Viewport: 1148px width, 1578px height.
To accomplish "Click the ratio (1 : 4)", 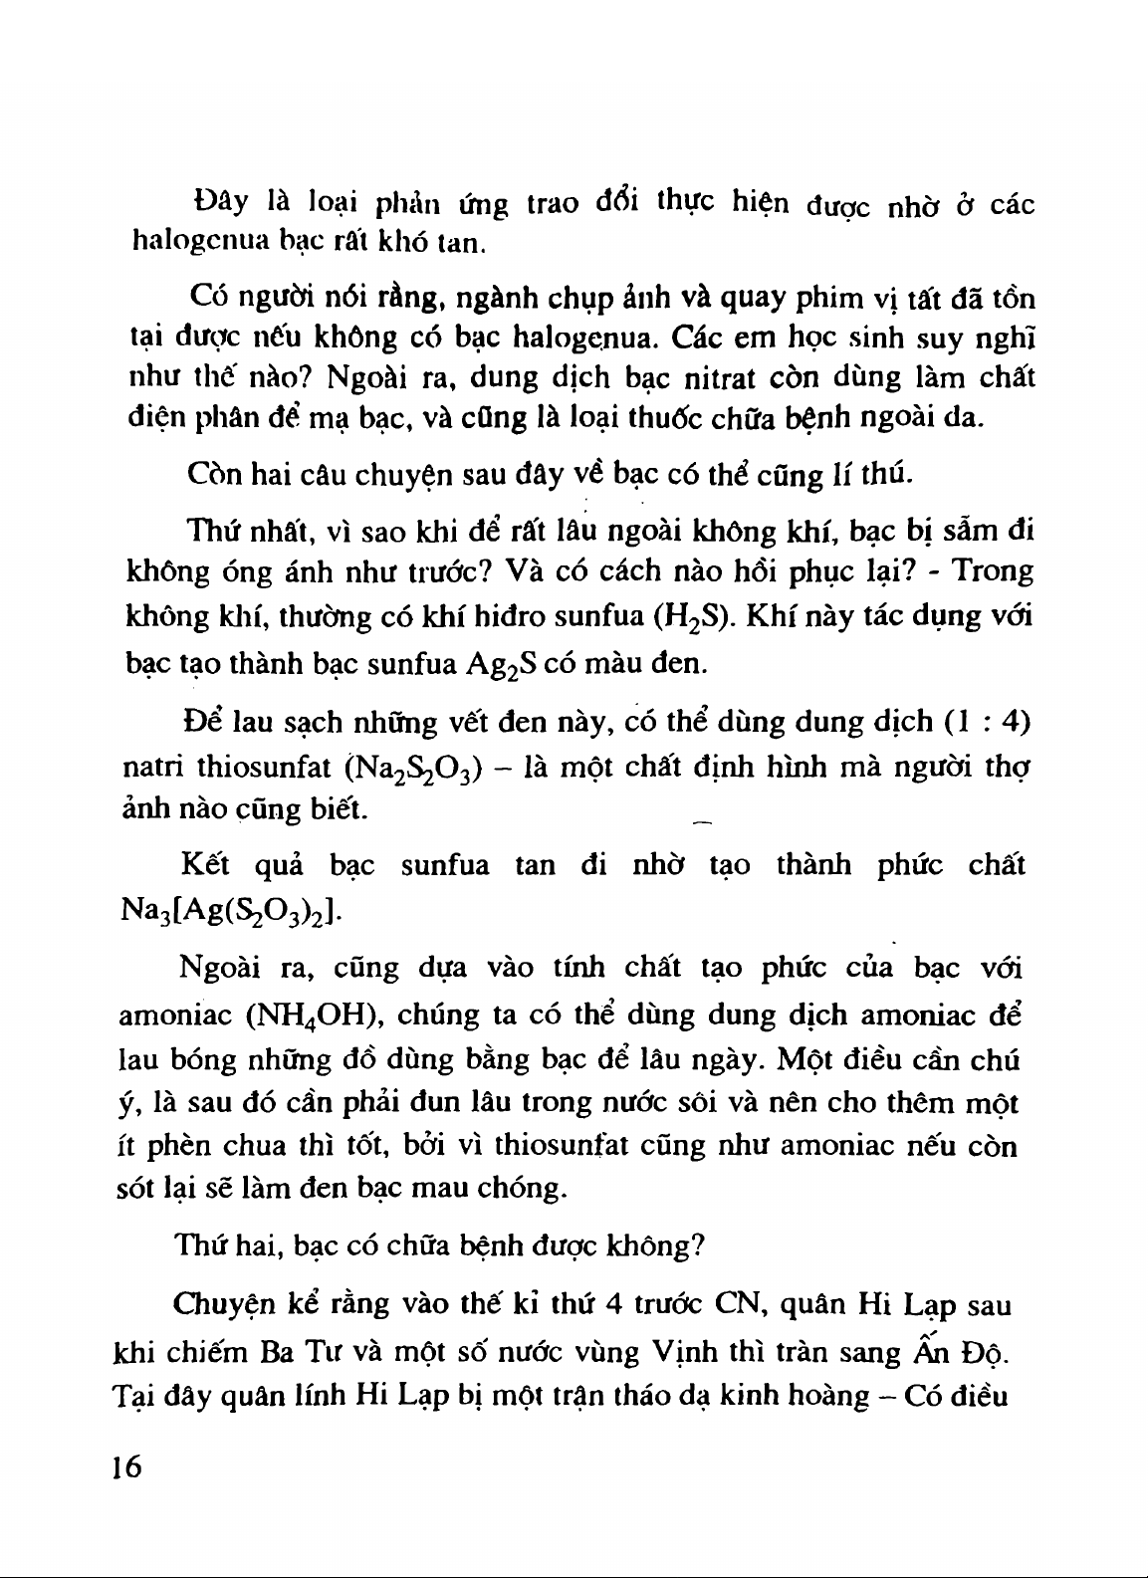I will [985, 721].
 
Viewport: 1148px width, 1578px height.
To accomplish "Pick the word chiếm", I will [204, 1355].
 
